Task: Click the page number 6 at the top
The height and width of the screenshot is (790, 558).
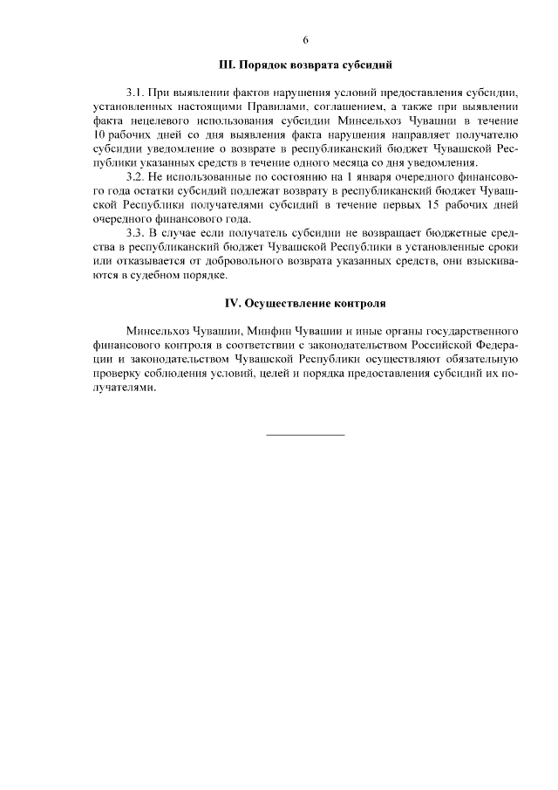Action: pyautogui.click(x=305, y=39)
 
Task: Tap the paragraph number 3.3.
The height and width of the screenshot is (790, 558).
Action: pyautogui.click(x=135, y=233)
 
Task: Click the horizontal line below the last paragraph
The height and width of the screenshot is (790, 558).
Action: pyautogui.click(x=305, y=434)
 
